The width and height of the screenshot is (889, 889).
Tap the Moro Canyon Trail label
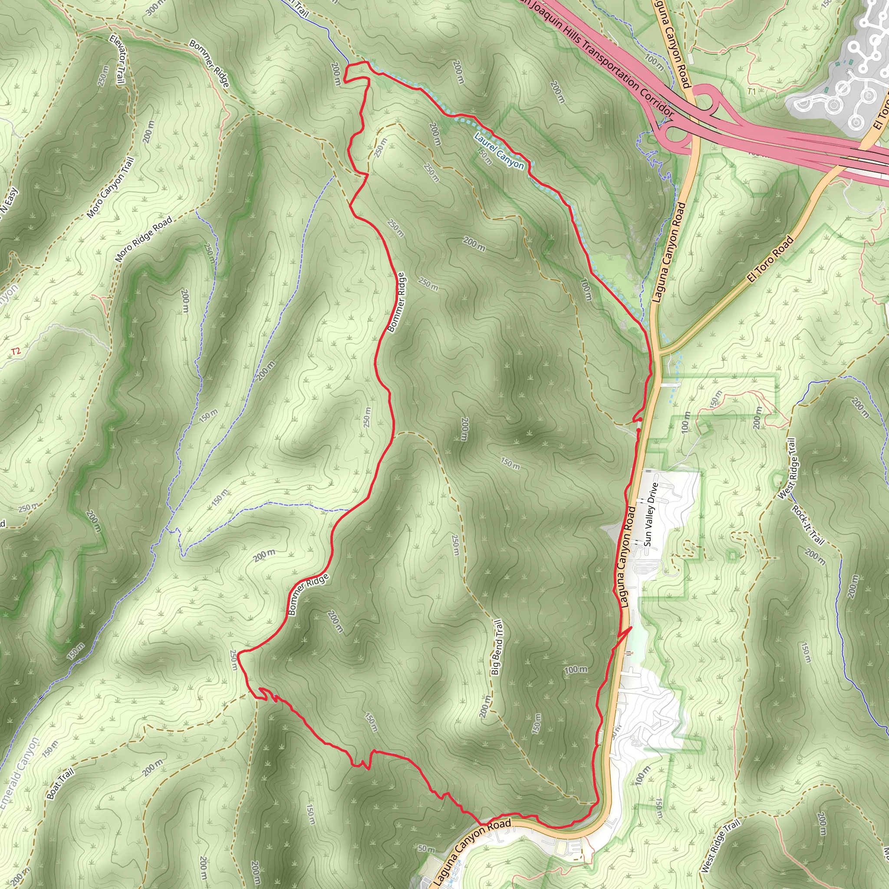click(110, 188)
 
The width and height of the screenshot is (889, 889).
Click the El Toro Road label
click(770, 259)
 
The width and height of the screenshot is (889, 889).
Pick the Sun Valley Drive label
click(651, 514)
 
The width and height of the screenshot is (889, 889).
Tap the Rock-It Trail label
click(807, 524)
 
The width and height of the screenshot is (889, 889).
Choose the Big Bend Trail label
click(497, 647)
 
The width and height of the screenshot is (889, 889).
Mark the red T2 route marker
click(16, 352)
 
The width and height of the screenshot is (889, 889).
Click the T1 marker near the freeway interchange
click(751, 92)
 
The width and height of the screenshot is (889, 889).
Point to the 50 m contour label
click(426, 849)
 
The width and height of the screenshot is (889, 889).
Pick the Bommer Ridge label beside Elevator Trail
click(209, 63)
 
